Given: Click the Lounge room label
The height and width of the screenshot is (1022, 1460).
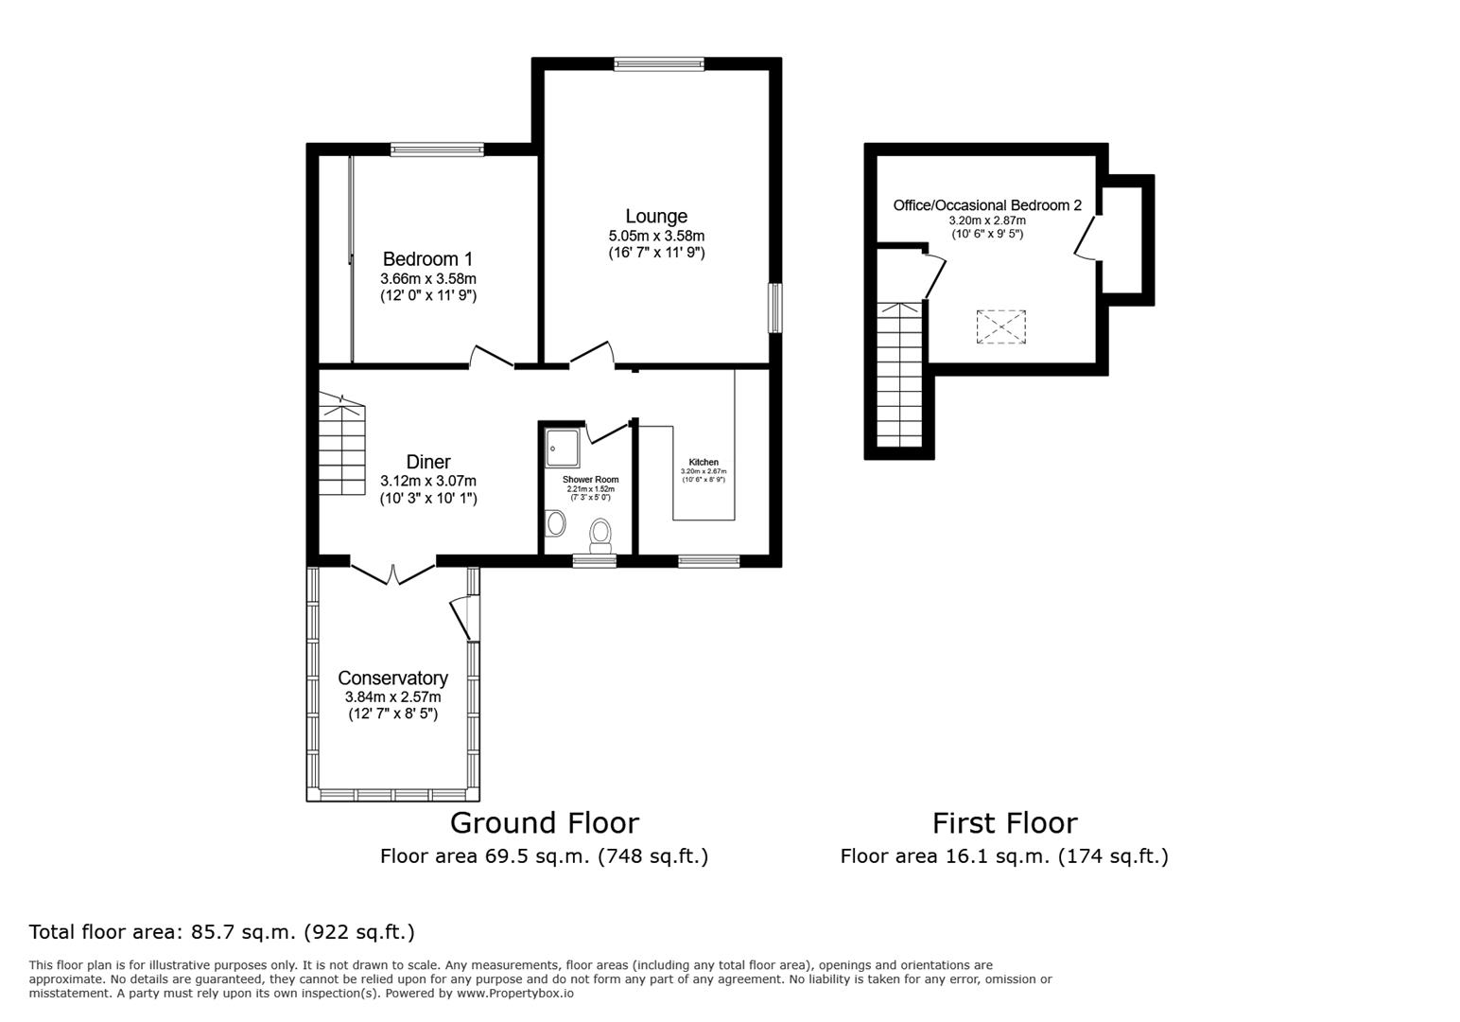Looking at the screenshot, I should [x=655, y=217].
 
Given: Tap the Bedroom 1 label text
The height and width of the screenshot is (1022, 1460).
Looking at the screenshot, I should [x=427, y=259].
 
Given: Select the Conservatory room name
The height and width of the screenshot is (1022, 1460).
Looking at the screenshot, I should [x=392, y=678].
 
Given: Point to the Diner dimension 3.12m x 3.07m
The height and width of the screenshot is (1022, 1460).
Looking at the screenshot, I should [x=427, y=481].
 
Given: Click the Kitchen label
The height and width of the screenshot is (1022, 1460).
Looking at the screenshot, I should [x=704, y=462].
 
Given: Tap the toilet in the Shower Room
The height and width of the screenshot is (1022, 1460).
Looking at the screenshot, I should [x=600, y=535].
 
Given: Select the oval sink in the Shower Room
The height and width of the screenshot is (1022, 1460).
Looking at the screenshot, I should [x=556, y=522].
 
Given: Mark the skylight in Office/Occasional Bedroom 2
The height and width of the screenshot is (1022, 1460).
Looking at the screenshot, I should [x=1000, y=326].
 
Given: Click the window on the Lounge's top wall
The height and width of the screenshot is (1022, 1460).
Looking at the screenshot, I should [x=659, y=63].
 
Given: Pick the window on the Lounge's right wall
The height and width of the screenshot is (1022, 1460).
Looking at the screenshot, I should [x=775, y=308].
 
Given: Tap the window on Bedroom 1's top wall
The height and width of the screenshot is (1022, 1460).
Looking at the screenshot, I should [x=437, y=149].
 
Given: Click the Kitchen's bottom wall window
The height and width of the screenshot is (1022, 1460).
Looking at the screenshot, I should [x=708, y=561].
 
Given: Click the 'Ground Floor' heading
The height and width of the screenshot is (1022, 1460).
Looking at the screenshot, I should [x=544, y=822].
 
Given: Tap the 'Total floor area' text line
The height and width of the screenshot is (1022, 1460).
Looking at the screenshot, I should [x=222, y=932].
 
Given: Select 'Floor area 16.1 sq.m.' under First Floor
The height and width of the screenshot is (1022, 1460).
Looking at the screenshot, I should [x=1004, y=856].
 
